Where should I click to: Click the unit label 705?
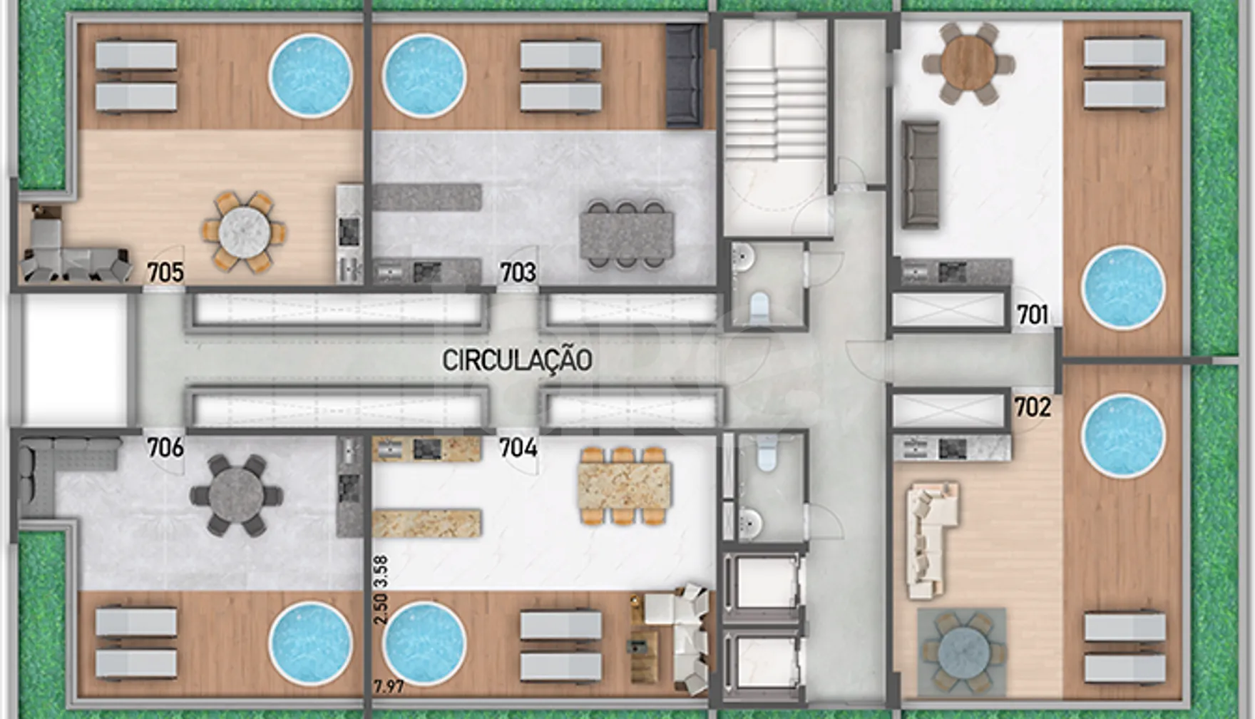(x=165, y=272)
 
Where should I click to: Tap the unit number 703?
(x=518, y=272)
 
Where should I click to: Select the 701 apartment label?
(x=1033, y=315)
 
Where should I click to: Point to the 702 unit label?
(x=1033, y=407)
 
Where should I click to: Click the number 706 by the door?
(x=165, y=448)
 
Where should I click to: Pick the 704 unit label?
(x=518, y=448)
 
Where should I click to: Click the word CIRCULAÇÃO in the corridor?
(x=517, y=360)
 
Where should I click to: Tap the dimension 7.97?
(x=389, y=688)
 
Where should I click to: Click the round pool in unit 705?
(x=310, y=75)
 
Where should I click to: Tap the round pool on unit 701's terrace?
(x=1123, y=287)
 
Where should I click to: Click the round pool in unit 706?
(x=310, y=644)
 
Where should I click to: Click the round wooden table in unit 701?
(x=968, y=63)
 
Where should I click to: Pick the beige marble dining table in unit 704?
(x=625, y=486)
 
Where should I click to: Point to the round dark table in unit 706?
(x=236, y=496)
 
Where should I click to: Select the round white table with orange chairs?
(x=245, y=232)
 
